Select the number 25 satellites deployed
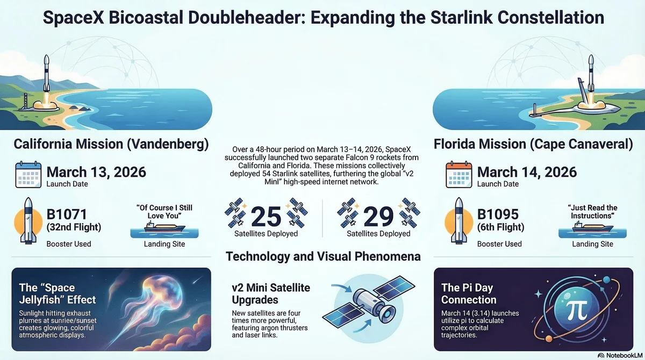pyautogui.click(x=266, y=215)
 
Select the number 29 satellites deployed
pyautogui.click(x=379, y=215)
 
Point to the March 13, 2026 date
pyautogui.click(x=96, y=172)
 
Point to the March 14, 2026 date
pyautogui.click(x=527, y=172)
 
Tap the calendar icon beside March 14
pyautogui.click(x=459, y=174)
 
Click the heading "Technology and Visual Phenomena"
pyautogui.click(x=323, y=256)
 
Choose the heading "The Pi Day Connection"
pyautogui.click(x=469, y=293)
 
